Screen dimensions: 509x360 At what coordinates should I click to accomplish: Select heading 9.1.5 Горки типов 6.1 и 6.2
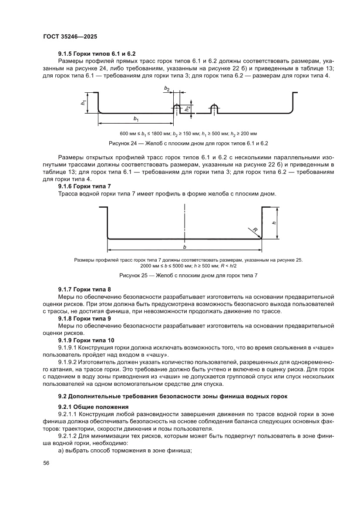point(91,54)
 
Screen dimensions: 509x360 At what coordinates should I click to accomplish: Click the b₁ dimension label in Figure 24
point(136,118)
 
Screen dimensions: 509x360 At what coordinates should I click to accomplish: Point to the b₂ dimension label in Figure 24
point(167,88)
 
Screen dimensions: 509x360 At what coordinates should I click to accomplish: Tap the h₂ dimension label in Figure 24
point(187,108)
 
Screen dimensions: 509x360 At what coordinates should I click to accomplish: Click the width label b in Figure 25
point(185,246)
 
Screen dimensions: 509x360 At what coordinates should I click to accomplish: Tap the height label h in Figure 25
point(274,222)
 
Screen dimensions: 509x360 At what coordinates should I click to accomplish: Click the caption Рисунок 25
point(188,275)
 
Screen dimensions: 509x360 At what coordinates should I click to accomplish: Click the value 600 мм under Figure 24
point(128,133)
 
